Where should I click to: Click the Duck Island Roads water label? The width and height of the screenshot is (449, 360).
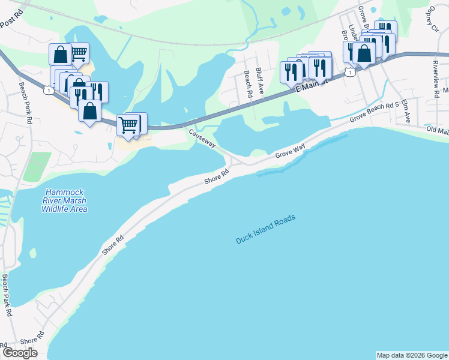pos(266,230)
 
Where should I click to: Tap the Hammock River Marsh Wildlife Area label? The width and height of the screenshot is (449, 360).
pos(64,200)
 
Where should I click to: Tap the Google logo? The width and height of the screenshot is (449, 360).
pos(20,353)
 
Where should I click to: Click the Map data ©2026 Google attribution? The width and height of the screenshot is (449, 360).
pos(412,355)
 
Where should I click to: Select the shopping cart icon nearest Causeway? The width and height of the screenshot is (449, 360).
pos(127,125)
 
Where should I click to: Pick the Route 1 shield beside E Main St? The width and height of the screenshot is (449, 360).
pos(349,72)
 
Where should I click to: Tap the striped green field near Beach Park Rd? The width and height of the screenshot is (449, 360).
pos(37,167)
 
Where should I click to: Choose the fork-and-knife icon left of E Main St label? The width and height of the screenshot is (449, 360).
pos(291,72)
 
